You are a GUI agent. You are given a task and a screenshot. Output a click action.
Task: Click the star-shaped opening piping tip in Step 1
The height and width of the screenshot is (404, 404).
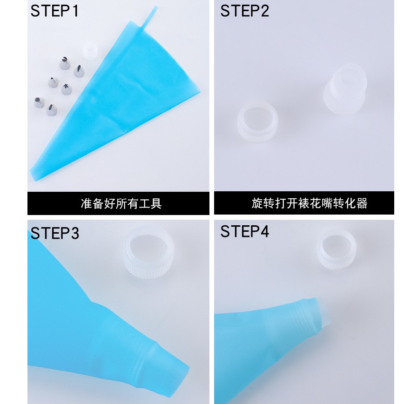pyautogui.click(x=67, y=89)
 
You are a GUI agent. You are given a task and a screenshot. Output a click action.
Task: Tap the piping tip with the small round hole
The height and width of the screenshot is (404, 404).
pyautogui.click(x=53, y=82)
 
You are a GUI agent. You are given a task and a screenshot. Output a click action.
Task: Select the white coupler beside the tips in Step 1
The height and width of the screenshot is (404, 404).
pyautogui.click(x=90, y=51)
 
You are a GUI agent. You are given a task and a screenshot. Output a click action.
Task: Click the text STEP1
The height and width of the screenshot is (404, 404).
pyautogui.click(x=54, y=11)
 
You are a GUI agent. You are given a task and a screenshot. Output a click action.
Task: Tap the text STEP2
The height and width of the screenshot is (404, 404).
pyautogui.click(x=244, y=11)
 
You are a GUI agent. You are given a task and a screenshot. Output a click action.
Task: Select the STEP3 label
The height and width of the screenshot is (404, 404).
pyautogui.click(x=54, y=233)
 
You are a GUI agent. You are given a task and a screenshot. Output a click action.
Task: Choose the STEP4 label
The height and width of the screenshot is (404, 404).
pyautogui.click(x=244, y=231)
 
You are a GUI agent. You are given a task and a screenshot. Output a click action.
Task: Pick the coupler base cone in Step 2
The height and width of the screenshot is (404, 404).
pyautogui.click(x=345, y=89)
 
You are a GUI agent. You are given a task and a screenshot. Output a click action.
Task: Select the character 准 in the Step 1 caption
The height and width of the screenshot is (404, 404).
pyautogui.click(x=86, y=203)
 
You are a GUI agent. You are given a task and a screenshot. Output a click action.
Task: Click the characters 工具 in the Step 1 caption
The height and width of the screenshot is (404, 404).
pyautogui.click(x=150, y=203)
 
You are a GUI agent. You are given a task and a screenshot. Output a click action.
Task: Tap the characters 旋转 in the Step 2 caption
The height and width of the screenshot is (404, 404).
pyautogui.click(x=263, y=203)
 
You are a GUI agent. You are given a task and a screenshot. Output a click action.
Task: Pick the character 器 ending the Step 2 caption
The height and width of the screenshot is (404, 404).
pyautogui.click(x=362, y=203)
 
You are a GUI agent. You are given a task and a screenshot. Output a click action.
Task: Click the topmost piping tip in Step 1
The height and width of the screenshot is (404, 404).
pyautogui.click(x=65, y=63)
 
